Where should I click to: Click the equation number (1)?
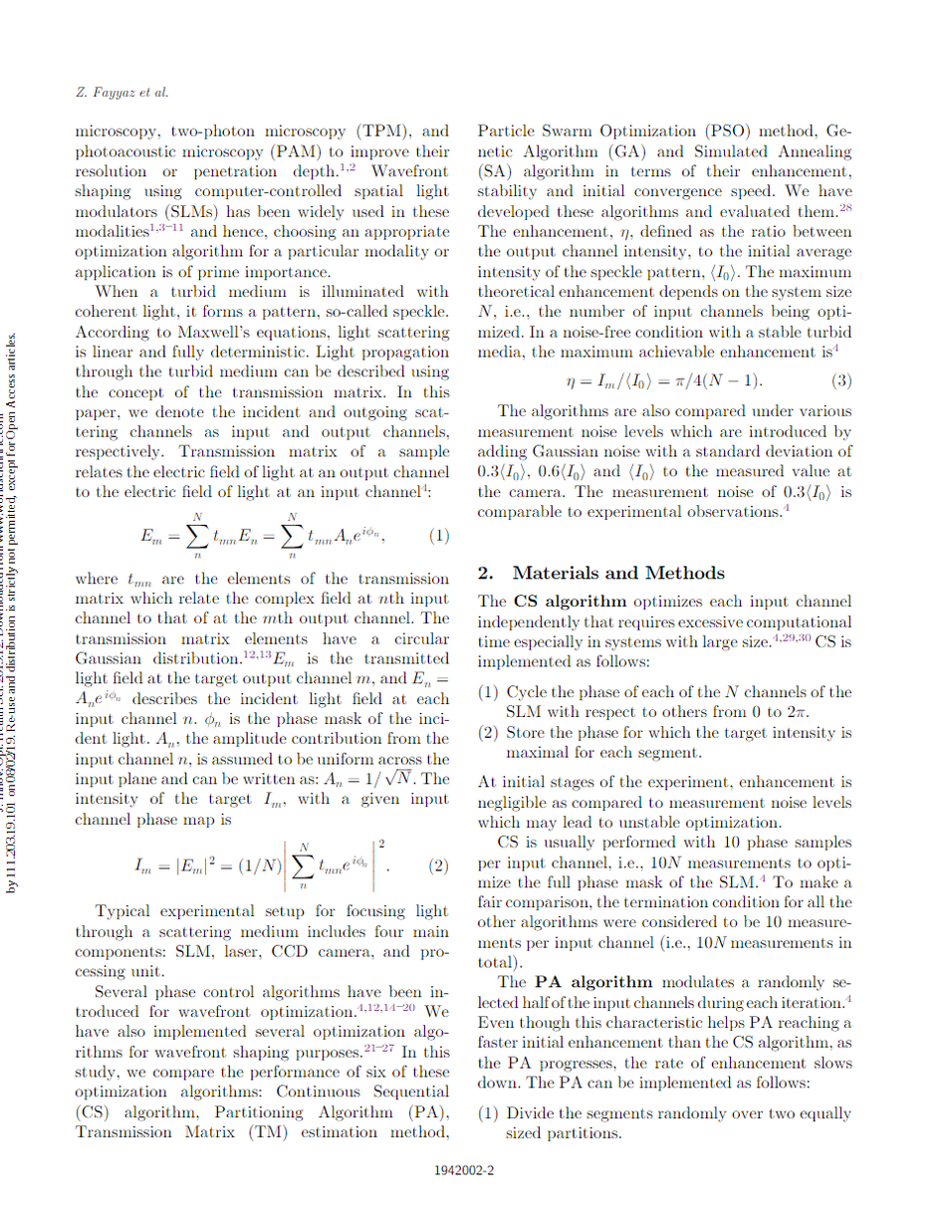click(438, 535)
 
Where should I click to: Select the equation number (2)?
click(438, 865)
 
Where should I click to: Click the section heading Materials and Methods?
click(618, 573)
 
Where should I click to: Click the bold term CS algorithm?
click(571, 601)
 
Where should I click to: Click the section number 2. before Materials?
click(486, 573)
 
